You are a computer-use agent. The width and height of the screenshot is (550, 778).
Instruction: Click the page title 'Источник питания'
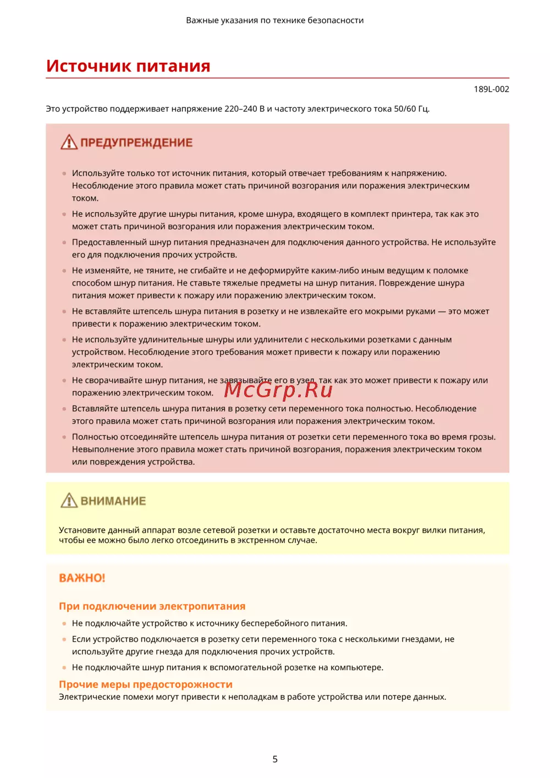coord(128,66)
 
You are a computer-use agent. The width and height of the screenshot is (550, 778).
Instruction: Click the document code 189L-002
coord(491,89)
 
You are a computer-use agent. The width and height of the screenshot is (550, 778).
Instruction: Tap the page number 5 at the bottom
coord(275,759)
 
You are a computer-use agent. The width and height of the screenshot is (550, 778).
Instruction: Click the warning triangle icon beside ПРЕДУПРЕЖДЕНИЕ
coord(69,143)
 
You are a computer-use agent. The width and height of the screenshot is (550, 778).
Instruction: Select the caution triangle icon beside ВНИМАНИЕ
coord(69,501)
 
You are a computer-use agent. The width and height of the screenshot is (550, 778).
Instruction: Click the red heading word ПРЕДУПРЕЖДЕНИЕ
coord(136,143)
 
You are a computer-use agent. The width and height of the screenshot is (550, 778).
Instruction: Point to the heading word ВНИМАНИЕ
coord(113,501)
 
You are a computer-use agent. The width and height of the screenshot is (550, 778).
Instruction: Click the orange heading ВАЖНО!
coord(82,578)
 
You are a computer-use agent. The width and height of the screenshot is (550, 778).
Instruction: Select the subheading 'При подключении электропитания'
coord(152,606)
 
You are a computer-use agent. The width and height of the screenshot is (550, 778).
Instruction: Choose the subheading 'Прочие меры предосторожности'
coord(146,684)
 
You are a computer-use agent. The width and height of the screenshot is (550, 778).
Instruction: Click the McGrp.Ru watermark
coord(278,390)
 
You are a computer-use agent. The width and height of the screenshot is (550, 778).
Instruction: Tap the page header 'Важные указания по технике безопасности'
coord(274,20)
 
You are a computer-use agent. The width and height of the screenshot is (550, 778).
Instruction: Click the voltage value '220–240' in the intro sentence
coord(240,109)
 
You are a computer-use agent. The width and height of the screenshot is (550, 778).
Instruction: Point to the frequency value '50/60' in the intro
coord(405,109)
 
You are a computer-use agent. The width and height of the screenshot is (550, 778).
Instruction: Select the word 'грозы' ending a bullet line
coord(482,437)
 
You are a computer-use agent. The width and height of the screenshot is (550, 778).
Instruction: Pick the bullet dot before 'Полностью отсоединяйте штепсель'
coord(64,437)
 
